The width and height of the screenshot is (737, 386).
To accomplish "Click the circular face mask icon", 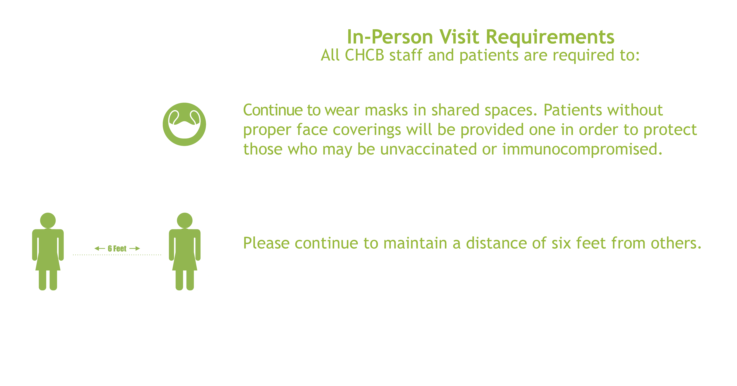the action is tap(184, 124).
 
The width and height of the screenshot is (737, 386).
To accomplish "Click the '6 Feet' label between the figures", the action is tap(117, 248).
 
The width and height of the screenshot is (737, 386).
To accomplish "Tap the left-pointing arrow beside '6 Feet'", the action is tap(100, 248).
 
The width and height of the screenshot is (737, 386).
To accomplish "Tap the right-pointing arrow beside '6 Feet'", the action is tap(135, 248).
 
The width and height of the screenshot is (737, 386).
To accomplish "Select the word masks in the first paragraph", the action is tap(386, 110).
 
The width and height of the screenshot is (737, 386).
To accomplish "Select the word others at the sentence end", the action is tap(676, 244).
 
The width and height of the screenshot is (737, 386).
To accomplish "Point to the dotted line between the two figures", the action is tap(117, 254).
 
